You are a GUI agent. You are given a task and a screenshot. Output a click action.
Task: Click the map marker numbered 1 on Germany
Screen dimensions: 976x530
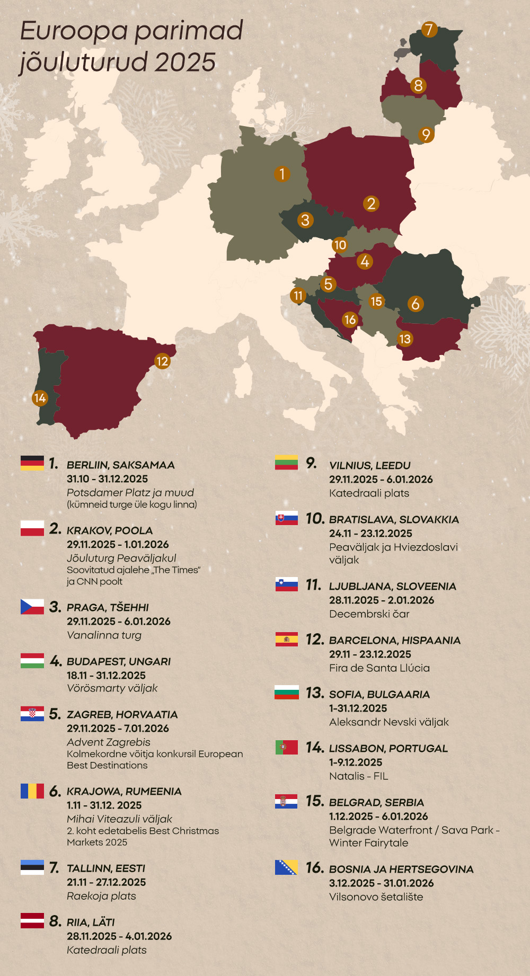click(x=282, y=174)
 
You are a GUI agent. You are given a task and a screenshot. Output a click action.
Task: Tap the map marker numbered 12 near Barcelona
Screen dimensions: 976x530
click(x=162, y=361)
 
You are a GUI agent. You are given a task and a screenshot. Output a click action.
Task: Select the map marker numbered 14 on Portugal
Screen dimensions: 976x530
click(x=40, y=398)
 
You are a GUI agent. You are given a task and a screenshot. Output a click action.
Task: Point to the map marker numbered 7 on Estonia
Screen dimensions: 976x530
click(x=429, y=30)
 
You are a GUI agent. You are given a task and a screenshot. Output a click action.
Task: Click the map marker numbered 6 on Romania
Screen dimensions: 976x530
click(x=416, y=304)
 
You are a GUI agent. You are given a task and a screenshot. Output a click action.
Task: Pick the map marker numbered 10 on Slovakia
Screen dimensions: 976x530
click(x=340, y=245)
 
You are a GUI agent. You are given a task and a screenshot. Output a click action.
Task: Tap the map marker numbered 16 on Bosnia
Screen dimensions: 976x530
click(x=350, y=320)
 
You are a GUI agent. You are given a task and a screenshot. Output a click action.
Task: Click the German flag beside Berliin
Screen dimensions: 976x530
click(x=32, y=463)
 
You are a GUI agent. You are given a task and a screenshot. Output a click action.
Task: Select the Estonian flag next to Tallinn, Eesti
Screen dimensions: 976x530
click(x=32, y=867)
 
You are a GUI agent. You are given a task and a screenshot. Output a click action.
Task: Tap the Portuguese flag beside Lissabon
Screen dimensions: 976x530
click(x=287, y=747)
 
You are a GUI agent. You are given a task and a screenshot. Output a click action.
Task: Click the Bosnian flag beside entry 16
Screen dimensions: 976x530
click(x=286, y=867)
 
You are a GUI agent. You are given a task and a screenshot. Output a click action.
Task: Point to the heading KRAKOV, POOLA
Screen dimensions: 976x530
click(x=110, y=530)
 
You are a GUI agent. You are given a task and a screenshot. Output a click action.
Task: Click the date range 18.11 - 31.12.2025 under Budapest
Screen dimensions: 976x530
click(x=106, y=675)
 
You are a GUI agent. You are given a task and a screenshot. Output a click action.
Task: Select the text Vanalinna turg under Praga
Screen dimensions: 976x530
click(x=104, y=635)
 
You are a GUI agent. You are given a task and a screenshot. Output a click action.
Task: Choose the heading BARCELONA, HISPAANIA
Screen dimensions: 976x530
click(x=395, y=640)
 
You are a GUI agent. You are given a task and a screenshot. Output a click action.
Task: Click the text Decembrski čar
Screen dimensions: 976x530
click(x=369, y=614)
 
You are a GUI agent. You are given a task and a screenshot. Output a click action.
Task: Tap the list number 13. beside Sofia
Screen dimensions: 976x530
click(x=314, y=693)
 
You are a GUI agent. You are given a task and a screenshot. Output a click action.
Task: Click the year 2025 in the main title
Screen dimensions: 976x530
click(x=185, y=63)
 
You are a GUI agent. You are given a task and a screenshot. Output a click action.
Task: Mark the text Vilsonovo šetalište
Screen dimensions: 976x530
click(x=376, y=897)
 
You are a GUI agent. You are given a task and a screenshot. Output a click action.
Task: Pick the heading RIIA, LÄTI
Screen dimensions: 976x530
click(x=91, y=922)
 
